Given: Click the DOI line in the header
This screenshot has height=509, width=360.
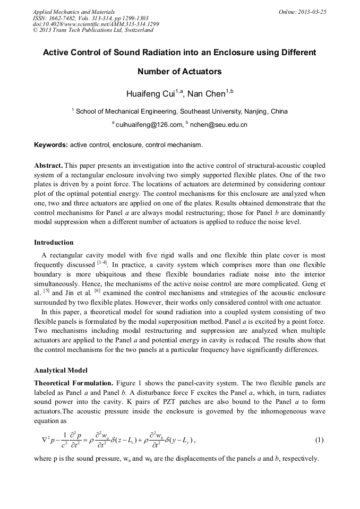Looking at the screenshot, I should [96, 24].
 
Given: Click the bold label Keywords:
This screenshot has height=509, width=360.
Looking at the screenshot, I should [51, 144].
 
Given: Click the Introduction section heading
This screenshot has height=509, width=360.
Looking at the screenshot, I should [54, 243].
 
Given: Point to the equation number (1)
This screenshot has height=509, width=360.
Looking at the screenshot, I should [319, 440].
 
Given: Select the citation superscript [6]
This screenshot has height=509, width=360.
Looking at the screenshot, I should [97, 290].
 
